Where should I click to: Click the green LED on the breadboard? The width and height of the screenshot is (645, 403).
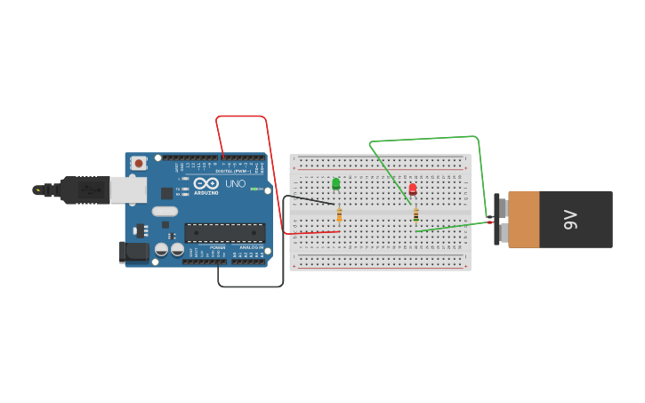(336, 183)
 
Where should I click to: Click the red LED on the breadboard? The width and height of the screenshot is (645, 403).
(413, 189)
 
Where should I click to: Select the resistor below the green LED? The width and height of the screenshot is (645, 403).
(339, 214)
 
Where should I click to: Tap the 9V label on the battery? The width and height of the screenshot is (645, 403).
(571, 219)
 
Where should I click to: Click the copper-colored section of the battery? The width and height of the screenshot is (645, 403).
(524, 219)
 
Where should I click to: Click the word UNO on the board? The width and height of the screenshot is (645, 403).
(236, 184)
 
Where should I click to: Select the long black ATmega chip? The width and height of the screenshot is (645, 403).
(224, 233)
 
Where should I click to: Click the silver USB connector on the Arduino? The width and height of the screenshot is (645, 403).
(128, 189)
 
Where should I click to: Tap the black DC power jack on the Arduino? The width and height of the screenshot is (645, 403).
(134, 252)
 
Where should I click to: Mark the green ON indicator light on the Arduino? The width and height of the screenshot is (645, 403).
(254, 189)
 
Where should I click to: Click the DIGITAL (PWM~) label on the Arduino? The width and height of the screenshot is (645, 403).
(233, 171)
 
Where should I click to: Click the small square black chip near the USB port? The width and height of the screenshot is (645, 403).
(166, 193)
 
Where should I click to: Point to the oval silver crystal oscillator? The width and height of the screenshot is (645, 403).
(165, 212)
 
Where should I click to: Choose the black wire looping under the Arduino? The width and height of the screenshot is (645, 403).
(250, 286)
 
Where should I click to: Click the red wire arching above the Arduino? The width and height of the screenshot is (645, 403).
(241, 117)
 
